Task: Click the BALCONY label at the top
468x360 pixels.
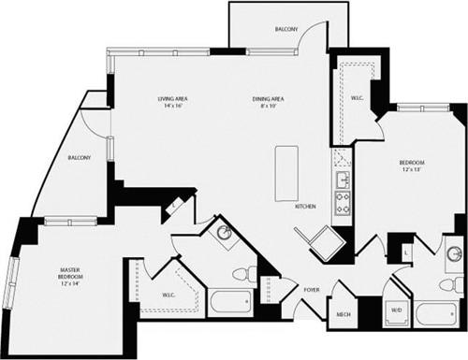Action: pos(286,31)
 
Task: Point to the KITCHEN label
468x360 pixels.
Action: pos(306,206)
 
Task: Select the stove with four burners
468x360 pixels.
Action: pos(343,204)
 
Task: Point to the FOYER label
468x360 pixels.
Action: pos(312,290)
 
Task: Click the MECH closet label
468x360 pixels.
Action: pos(344,314)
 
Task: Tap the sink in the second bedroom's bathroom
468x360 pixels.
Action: pos(454,253)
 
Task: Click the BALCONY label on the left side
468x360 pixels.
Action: pos(80,158)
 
